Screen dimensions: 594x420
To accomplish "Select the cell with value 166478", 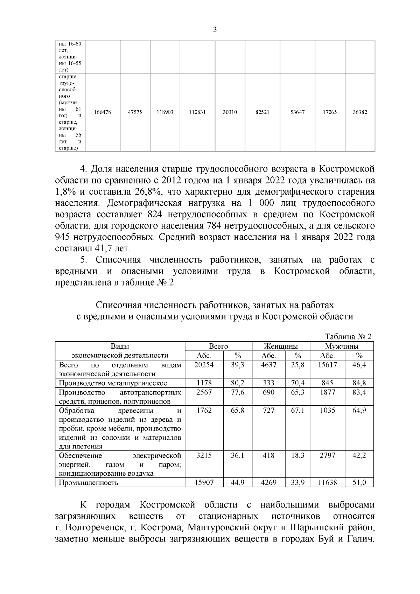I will pyautogui.click(x=103, y=112).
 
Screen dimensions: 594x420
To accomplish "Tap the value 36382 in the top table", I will pyautogui.click(x=360, y=112).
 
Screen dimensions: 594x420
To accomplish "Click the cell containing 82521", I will pyautogui.click(x=262, y=112).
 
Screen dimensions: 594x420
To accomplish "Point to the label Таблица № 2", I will pyautogui.click(x=348, y=336).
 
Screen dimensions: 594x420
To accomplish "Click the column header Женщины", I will pyautogui.click(x=281, y=346).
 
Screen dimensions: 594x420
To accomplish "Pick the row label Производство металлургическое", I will pyautogui.click(x=113, y=383).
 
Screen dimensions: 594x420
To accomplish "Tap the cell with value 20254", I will pyautogui.click(x=204, y=365).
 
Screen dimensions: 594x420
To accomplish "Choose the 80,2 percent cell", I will pyautogui.click(x=237, y=383).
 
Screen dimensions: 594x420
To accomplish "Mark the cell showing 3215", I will pyautogui.click(x=204, y=455).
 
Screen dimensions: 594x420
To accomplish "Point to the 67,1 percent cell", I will pyautogui.click(x=297, y=410).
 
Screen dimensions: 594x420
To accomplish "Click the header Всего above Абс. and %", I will pyautogui.click(x=218, y=346).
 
